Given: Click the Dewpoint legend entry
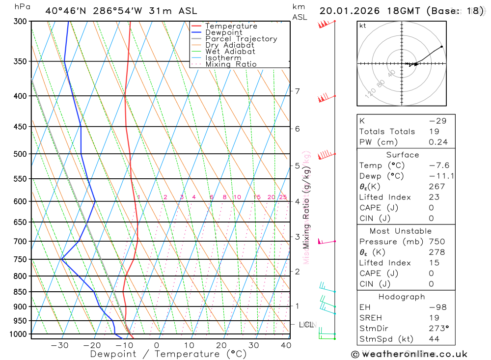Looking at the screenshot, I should tap(223, 32).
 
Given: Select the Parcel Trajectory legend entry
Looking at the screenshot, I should tap(241, 39).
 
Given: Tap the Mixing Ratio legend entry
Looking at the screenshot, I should tap(231, 64).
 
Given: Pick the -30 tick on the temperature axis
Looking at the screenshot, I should tap(59, 345).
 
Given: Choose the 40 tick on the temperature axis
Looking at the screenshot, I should tap(286, 345).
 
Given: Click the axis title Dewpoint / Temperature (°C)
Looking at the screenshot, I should tap(168, 354).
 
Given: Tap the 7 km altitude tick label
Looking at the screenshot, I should tap(298, 91).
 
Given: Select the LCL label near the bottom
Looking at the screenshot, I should tap(307, 325).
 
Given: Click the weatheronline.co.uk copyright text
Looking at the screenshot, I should tap(409, 354).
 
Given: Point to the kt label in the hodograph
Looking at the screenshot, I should tap(363, 26).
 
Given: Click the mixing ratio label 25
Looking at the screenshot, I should tap(283, 197).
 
